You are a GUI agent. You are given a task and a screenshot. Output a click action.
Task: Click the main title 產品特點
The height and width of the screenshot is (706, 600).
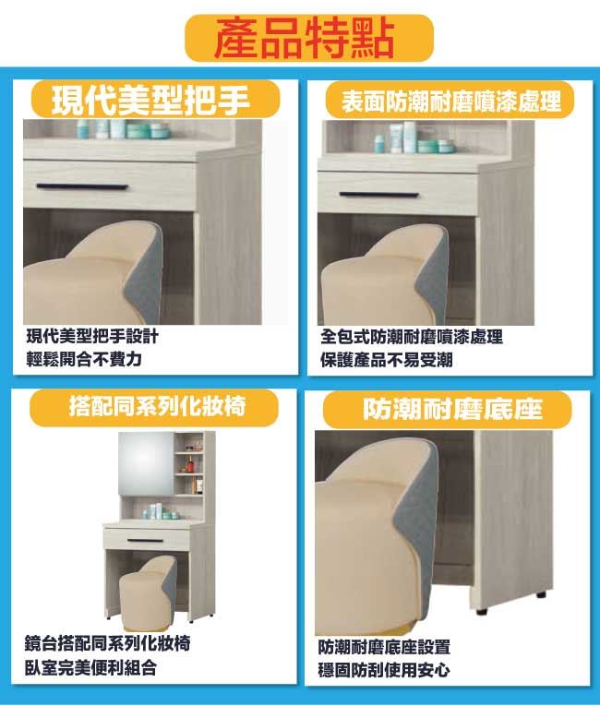point(305,38)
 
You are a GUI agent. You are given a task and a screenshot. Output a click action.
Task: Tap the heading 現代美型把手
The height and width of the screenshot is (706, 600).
point(150,100)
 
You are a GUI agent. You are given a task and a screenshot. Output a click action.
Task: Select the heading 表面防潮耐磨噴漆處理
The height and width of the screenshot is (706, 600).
point(450,101)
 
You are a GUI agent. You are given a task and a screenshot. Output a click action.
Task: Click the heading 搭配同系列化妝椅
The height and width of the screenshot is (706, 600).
point(157,406)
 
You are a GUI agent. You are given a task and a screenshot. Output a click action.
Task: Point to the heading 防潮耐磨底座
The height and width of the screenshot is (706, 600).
point(452,409)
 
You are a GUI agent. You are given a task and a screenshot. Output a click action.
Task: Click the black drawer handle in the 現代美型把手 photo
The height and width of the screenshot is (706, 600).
point(82,186)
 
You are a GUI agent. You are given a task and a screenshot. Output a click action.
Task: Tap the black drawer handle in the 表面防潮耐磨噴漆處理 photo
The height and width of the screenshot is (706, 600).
point(378,195)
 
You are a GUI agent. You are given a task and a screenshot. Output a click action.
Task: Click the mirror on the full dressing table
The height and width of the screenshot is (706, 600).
point(146,464)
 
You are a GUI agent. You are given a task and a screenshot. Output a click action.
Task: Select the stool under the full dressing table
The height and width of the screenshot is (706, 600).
point(149,593)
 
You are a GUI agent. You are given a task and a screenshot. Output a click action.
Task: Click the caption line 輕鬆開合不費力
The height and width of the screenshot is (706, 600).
point(84,359)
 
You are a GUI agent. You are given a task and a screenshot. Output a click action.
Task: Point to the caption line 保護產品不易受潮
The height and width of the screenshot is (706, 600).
point(387,360)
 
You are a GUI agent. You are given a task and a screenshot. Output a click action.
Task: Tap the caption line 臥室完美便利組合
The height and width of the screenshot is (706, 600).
point(91,667)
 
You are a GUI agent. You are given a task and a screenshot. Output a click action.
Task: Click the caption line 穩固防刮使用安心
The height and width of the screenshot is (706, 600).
point(384,670)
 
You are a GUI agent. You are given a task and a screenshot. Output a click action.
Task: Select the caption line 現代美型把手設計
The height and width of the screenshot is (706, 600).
point(92,336)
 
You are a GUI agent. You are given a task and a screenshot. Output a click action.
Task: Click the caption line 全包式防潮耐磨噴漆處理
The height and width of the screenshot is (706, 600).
point(412,337)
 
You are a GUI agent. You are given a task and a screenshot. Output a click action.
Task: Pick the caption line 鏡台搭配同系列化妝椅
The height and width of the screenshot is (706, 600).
point(108,643)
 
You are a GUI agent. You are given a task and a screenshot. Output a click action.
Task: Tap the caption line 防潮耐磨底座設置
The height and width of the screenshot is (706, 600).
point(384,647)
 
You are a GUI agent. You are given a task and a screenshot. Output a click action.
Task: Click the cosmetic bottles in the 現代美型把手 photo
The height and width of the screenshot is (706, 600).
point(123,129)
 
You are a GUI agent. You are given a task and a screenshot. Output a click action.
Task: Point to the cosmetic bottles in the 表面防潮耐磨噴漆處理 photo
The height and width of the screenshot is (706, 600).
point(414,138)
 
